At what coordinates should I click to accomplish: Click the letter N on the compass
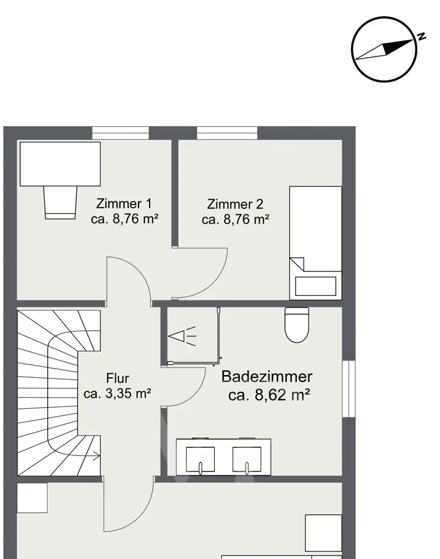422,36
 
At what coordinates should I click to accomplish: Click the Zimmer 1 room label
124,204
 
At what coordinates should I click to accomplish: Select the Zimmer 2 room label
235,204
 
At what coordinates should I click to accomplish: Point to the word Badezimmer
267,377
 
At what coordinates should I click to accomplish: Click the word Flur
118,378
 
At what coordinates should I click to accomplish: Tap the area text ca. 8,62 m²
269,395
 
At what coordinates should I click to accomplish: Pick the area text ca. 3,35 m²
118,394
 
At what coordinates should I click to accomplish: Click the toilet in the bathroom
297,325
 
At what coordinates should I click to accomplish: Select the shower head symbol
182,336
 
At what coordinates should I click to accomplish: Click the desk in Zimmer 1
60,164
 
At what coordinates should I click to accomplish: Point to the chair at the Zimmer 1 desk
60,203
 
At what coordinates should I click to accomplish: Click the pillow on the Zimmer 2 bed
315,286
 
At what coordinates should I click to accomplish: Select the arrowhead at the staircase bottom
97,455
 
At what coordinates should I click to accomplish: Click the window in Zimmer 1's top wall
120,133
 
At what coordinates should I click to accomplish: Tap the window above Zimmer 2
227,133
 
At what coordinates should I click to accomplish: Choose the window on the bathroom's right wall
349,389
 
